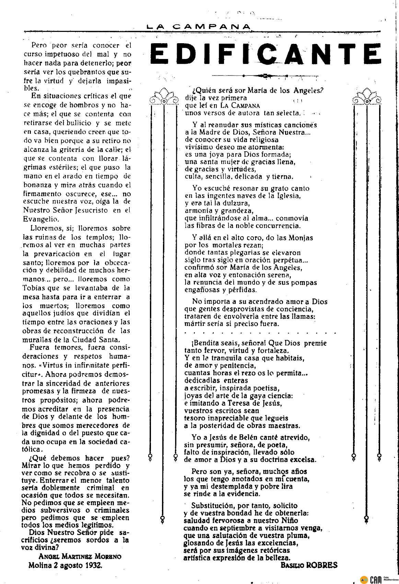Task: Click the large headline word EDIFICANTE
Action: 266,55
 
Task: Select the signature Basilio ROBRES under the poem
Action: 309,565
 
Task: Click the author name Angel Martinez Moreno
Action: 80,557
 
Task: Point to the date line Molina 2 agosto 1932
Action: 65,565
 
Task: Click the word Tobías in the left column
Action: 36,287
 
